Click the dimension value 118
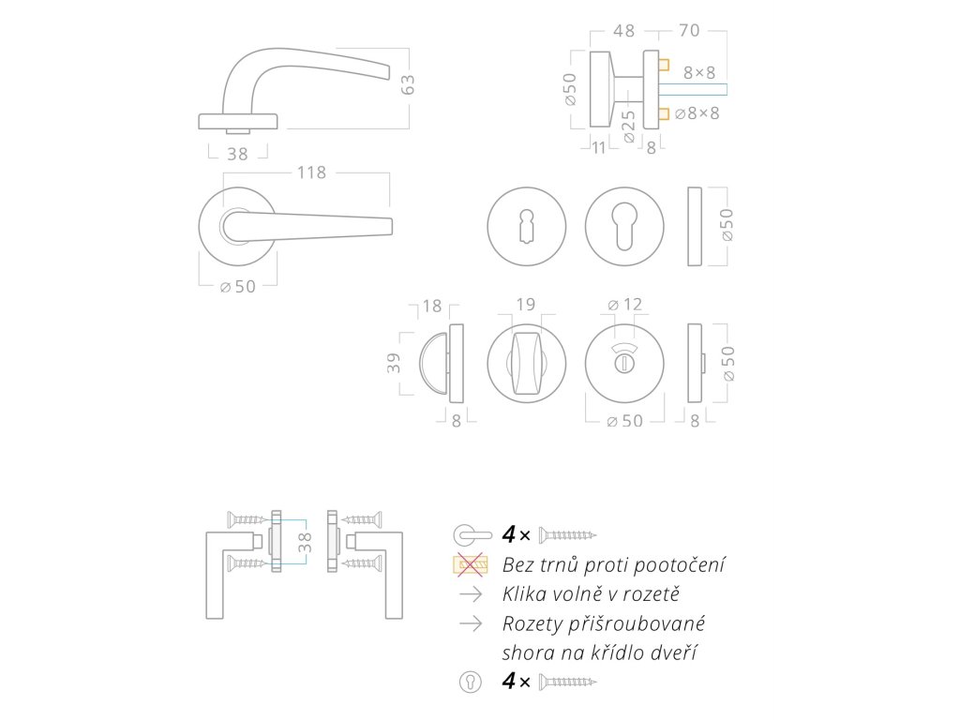click(311, 172)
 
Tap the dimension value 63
click(408, 84)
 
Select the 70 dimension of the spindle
click(689, 30)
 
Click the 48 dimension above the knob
click(623, 30)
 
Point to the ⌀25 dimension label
click(628, 126)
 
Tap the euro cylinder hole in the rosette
click(625, 227)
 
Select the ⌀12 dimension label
click(624, 304)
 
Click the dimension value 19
click(526, 304)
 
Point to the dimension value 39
click(393, 363)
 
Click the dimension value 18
click(431, 306)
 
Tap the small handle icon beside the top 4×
click(472, 534)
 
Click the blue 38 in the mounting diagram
click(304, 542)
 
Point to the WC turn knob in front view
click(526, 364)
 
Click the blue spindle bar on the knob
click(694, 90)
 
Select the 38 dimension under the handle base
click(238, 154)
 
